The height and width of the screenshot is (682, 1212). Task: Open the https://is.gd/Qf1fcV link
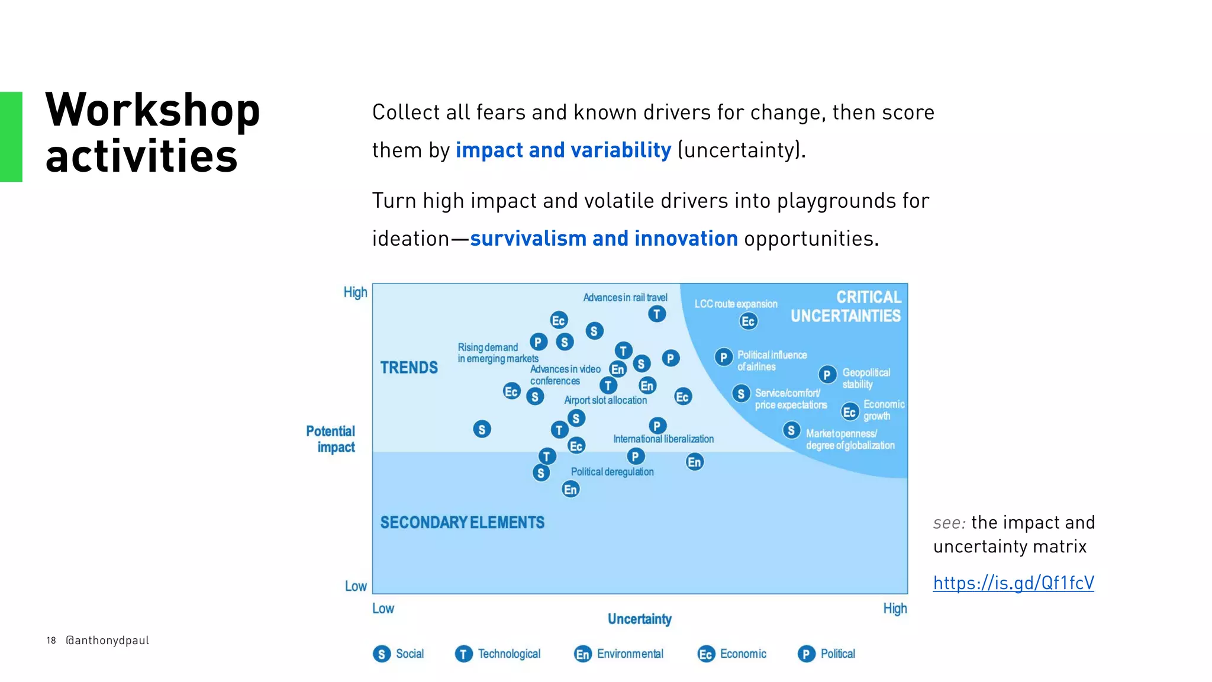(1013, 583)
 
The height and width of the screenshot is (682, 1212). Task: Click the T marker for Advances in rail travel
(657, 314)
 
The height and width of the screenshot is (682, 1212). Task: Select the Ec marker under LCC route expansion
(748, 321)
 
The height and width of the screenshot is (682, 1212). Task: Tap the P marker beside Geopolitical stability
(827, 375)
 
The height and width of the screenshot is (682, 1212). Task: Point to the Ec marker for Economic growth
(850, 412)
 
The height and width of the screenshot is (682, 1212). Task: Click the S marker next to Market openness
(791, 430)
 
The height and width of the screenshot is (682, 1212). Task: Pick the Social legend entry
(398, 654)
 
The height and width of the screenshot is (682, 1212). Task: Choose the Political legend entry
(826, 654)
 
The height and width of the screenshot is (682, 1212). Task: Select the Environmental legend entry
(618, 654)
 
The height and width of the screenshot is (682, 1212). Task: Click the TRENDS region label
(409, 368)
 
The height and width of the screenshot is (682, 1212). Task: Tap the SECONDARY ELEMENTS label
(462, 523)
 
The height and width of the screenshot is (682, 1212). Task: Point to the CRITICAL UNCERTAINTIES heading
(846, 307)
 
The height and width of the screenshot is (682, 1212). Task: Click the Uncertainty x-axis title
(639, 619)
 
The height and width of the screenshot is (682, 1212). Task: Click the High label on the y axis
(355, 292)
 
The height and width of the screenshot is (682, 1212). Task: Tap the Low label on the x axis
(383, 609)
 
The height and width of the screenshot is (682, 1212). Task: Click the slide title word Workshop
(153, 111)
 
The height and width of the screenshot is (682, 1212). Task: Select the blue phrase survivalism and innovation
(604, 239)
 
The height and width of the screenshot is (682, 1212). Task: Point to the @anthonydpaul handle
(107, 641)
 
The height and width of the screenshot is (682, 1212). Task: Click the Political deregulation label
(612, 472)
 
